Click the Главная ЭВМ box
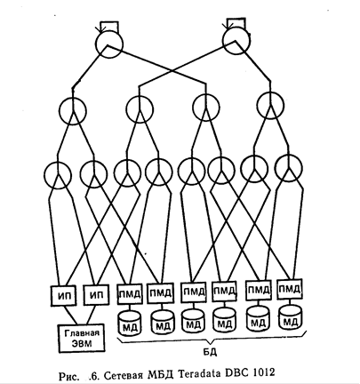[x=82, y=338]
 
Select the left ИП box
[x=63, y=295]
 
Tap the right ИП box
[x=96, y=295]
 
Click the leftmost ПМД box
[x=130, y=294]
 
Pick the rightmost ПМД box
[x=290, y=289]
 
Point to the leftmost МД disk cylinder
[x=130, y=323]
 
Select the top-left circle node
[x=109, y=44]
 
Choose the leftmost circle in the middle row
[x=73, y=111]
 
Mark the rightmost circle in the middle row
[x=270, y=106]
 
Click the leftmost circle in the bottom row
[x=59, y=175]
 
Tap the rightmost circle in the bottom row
[x=289, y=167]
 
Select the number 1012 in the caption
[x=264, y=372]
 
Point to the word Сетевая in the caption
[x=124, y=375]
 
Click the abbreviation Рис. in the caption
[x=69, y=377]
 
